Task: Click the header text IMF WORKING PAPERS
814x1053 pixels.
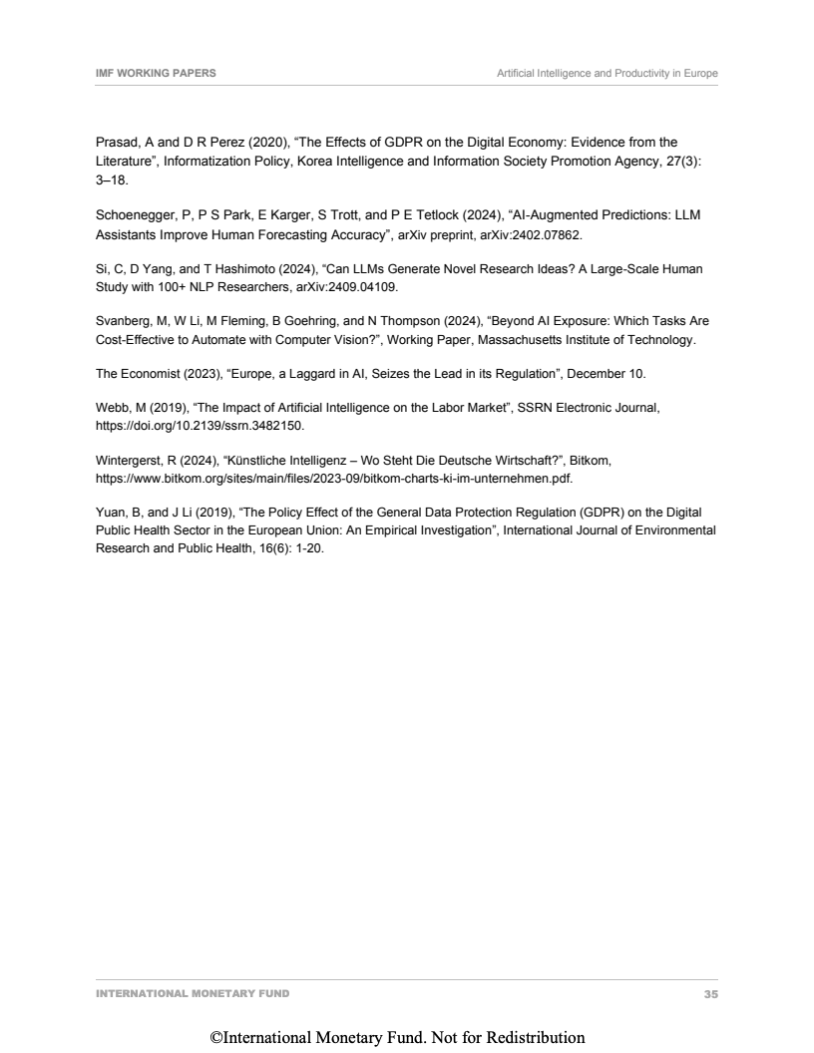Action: point(149,74)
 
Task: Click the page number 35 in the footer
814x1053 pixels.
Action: point(710,994)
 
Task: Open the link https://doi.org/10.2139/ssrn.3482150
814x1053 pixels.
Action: point(200,425)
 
